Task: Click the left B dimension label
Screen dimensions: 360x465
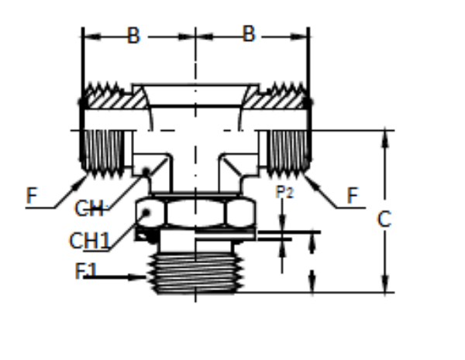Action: (x=134, y=36)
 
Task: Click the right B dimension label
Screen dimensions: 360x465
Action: (x=249, y=35)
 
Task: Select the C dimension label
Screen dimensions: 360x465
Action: (x=384, y=219)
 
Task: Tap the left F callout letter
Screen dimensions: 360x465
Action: (x=32, y=195)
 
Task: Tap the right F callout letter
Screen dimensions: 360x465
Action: (x=353, y=195)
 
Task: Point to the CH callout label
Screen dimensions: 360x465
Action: (x=90, y=208)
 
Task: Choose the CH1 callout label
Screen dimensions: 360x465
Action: (x=89, y=241)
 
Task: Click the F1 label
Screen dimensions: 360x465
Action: (x=86, y=272)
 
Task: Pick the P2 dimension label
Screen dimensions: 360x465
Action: (x=284, y=192)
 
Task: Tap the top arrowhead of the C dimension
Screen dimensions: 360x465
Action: (x=385, y=136)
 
